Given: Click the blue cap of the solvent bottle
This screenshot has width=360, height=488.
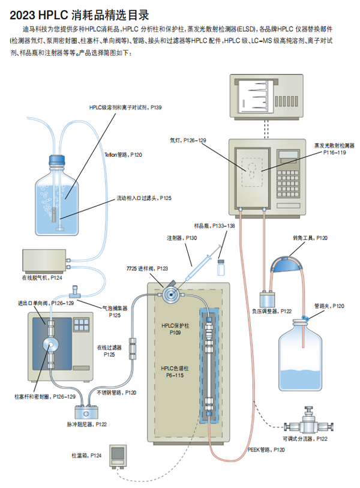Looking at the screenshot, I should click(x=57, y=160).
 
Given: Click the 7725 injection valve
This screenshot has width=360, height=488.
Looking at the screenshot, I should click(x=170, y=294).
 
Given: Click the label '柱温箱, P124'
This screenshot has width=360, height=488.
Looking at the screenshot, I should click(x=87, y=457).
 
